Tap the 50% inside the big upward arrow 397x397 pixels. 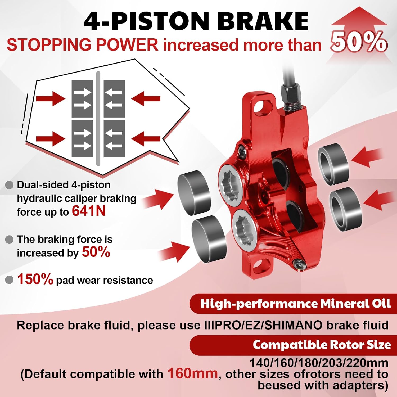point(359,42)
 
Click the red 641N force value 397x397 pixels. point(89,211)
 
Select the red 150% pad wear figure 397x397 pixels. point(35,279)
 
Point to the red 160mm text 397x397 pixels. point(192,373)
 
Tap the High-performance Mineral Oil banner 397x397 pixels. point(293,304)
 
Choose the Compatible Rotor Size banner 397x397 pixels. point(293,345)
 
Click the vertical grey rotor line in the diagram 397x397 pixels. point(98,118)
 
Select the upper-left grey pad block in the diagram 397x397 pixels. point(82,99)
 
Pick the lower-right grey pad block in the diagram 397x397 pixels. point(114,139)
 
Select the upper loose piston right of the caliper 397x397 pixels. point(333,164)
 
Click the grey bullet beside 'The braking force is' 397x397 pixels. point(9,240)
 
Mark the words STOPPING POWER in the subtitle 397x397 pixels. point(83,44)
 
